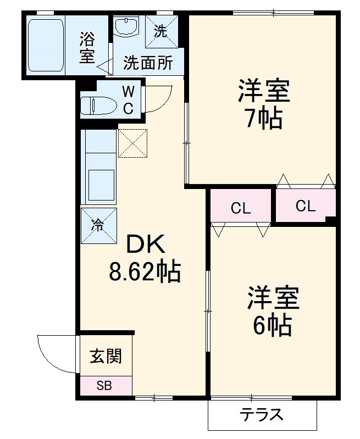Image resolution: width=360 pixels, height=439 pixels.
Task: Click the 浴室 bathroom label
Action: (x=87, y=47)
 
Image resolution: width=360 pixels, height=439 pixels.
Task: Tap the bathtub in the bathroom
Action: (x=46, y=46)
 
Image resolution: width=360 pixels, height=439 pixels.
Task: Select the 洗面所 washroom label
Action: (x=147, y=63)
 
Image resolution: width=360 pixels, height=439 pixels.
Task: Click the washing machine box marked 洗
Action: (x=161, y=31)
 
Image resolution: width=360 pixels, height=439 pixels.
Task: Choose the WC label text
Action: (x=128, y=99)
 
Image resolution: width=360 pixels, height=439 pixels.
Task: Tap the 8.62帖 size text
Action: (x=145, y=271)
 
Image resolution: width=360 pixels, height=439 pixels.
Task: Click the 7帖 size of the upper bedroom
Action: (x=263, y=118)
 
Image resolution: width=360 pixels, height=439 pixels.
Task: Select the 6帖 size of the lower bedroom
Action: (x=272, y=326)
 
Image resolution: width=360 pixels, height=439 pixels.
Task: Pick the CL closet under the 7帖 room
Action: (x=305, y=206)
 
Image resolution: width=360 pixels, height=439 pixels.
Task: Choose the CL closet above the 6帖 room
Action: (x=240, y=208)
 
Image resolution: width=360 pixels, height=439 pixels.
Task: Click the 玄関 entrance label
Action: (x=106, y=356)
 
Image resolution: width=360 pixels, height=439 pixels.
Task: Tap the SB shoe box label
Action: (x=104, y=386)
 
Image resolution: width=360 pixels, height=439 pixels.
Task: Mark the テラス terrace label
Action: (x=262, y=414)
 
